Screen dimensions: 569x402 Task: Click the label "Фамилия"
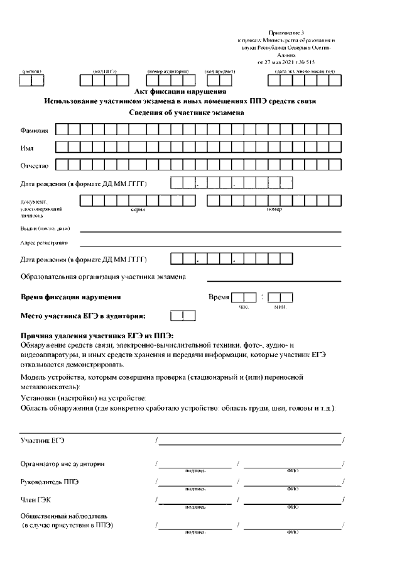click(35, 131)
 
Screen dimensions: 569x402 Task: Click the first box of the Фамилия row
click(61, 130)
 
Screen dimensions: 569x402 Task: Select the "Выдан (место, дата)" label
click(41, 228)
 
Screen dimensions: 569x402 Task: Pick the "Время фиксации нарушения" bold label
click(71, 297)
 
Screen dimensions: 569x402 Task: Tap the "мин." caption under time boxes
click(280, 306)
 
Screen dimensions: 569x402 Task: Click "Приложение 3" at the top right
click(286, 31)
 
